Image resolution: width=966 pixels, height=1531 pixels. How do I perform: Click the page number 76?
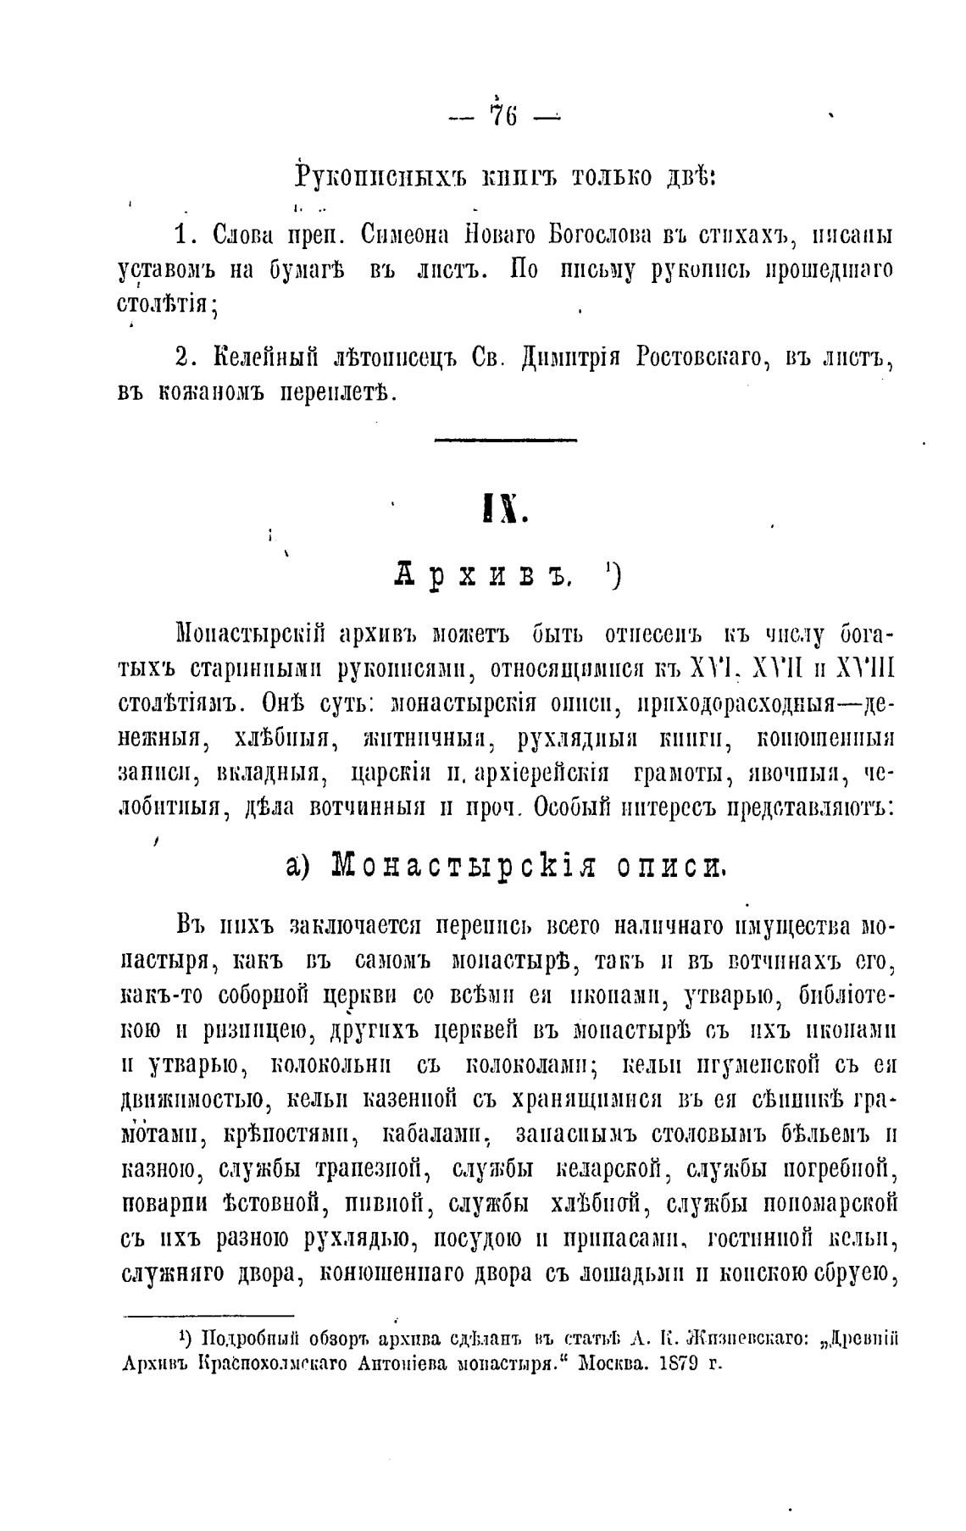pos(502,115)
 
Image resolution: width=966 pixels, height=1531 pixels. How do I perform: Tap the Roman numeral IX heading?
pos(505,508)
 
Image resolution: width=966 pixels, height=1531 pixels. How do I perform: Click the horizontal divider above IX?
pos(505,439)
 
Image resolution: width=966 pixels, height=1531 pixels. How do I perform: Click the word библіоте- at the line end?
pos(847,996)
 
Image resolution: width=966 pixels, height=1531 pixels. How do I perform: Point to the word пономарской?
pos(830,1204)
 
